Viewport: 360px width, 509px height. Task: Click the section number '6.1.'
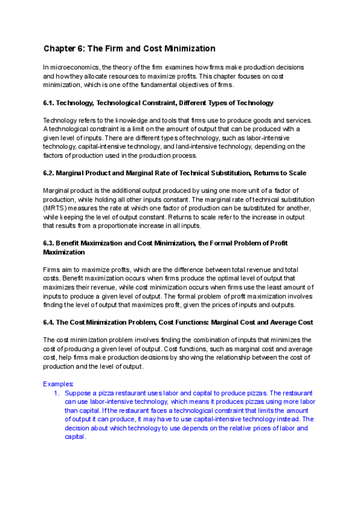50,103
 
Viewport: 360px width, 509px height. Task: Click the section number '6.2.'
50,173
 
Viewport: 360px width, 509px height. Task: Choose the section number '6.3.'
50,243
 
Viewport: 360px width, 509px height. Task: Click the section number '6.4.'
50,322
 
